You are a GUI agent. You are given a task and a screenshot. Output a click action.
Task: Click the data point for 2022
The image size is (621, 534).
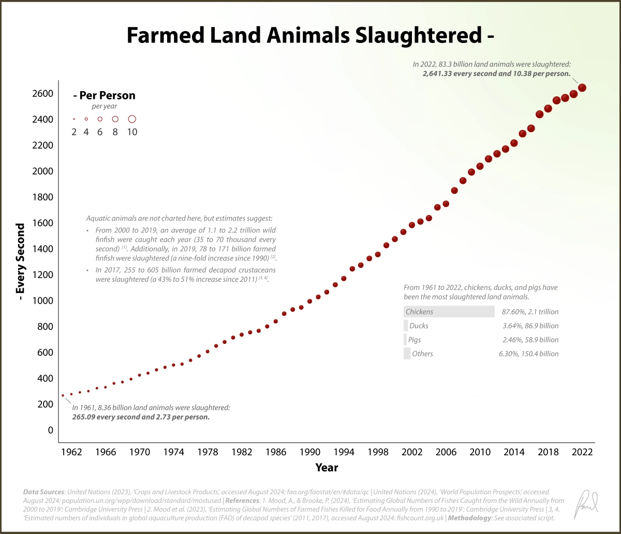coord(582,88)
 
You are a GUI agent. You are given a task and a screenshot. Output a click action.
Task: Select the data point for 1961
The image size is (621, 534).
coord(63,395)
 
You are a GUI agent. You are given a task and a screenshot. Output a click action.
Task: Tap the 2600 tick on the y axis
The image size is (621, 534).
coord(43,94)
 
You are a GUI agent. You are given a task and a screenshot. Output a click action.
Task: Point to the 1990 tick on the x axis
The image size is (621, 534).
coord(309,452)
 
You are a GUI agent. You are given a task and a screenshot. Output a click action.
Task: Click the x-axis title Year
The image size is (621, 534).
coord(327,468)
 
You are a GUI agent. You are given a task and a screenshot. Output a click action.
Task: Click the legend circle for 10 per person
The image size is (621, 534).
coord(132,119)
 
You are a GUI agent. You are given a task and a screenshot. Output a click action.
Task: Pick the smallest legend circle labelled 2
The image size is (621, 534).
coord(74,119)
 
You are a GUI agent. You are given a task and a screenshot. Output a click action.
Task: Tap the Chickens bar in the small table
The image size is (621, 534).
coord(449,312)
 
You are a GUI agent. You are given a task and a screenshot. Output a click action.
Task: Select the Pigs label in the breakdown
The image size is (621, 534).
coord(414,340)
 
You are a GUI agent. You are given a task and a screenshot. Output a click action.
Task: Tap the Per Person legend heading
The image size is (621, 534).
coord(104,95)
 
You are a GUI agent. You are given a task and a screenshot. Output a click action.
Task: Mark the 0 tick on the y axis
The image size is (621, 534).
coord(50,430)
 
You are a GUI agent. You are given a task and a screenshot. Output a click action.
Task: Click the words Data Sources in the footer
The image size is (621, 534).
coord(43,491)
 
